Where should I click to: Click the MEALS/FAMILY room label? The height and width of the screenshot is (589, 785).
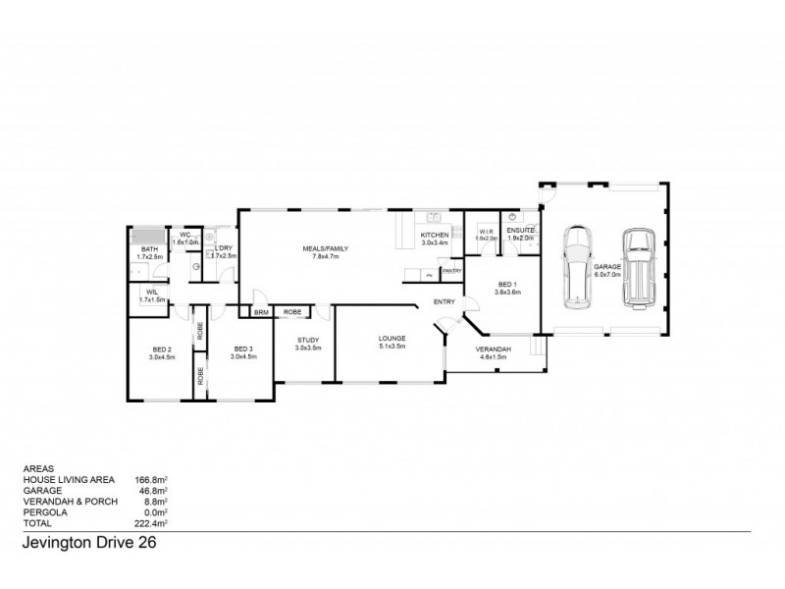(326, 249)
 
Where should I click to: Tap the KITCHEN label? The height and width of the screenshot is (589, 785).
(435, 237)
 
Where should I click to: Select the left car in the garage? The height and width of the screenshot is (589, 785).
(577, 268)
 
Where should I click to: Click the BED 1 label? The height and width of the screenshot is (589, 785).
(506, 285)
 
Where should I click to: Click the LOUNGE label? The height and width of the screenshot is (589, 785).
(392, 340)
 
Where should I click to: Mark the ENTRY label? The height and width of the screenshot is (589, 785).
(444, 302)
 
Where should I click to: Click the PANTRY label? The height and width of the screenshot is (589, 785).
(451, 270)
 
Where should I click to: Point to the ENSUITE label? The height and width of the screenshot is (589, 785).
(520, 231)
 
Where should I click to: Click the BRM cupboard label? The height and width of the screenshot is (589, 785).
(261, 312)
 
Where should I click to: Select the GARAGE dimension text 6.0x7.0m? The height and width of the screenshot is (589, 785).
(608, 274)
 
